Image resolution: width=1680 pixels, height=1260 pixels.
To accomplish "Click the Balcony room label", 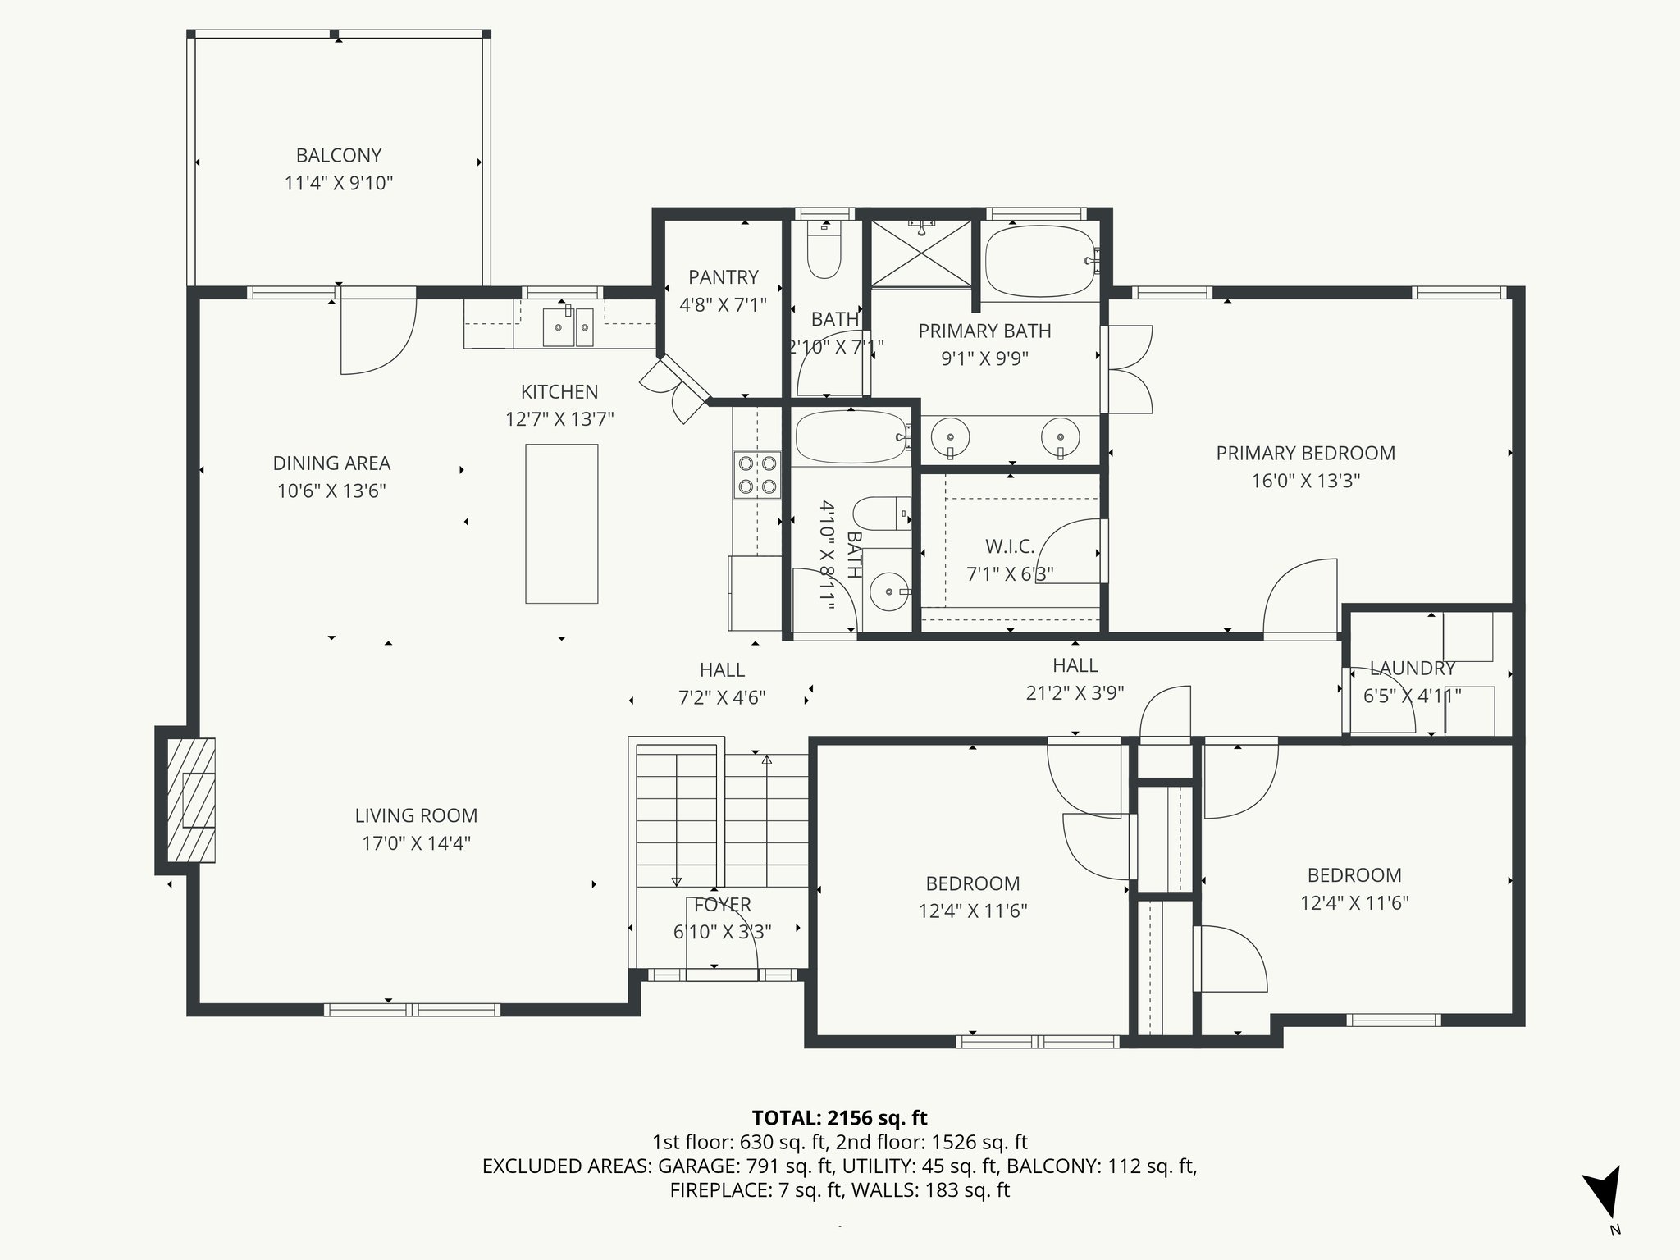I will tap(339, 155).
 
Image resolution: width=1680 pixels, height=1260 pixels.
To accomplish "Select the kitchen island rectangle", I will tap(561, 523).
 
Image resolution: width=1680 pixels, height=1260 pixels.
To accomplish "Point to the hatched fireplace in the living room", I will tap(191, 800).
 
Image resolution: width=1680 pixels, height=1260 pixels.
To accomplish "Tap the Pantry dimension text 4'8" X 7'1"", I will tap(723, 305).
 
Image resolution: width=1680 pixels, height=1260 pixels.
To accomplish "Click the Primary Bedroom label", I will tap(1305, 453).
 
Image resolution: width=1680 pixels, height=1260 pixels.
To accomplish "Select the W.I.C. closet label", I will tap(1009, 546).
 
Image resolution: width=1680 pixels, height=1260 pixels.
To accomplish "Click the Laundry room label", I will tap(1412, 669).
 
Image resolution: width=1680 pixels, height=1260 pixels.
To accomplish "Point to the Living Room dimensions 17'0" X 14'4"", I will tap(416, 843).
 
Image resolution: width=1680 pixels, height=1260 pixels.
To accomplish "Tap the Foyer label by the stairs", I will tap(722, 905).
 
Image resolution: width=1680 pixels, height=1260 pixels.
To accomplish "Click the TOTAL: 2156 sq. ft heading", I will tap(839, 1117).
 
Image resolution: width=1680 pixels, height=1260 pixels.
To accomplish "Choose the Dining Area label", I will tap(331, 463).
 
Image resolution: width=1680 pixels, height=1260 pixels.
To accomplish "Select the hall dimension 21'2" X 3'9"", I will tap(1075, 693).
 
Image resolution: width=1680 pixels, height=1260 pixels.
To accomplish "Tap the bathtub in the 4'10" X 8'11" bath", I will tap(850, 437).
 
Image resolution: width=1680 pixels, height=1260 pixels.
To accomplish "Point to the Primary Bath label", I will tap(984, 331).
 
